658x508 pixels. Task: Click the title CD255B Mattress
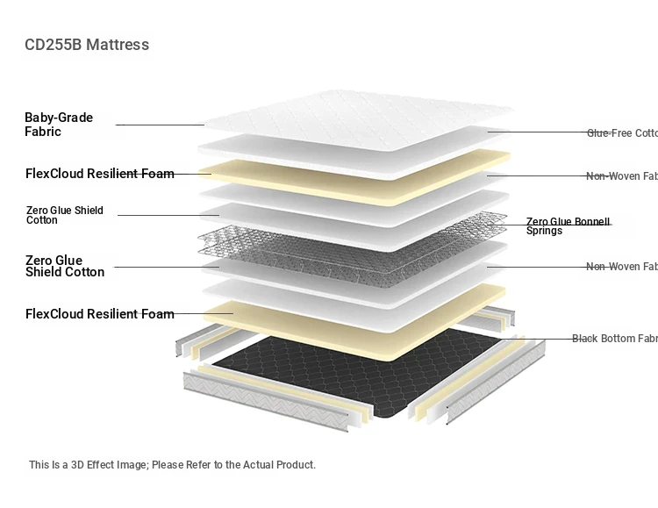pyautogui.click(x=87, y=45)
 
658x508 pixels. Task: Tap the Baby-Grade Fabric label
pyautogui.click(x=59, y=125)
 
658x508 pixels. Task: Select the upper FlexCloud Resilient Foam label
pyautogui.click(x=99, y=174)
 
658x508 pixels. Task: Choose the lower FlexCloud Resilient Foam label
pyautogui.click(x=99, y=314)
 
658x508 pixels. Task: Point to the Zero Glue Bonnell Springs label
pyautogui.click(x=568, y=226)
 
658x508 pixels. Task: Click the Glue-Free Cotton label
pyautogui.click(x=621, y=133)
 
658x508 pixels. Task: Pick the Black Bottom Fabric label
pyautogui.click(x=614, y=339)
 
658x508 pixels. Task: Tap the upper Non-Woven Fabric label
pyautogui.click(x=621, y=176)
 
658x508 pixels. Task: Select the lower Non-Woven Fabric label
pyautogui.click(x=621, y=267)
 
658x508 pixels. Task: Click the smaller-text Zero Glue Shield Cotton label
pyautogui.click(x=64, y=215)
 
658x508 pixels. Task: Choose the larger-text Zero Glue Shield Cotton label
pyautogui.click(x=64, y=266)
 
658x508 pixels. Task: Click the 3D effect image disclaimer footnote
pyautogui.click(x=172, y=465)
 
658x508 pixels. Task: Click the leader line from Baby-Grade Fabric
pyautogui.click(x=160, y=125)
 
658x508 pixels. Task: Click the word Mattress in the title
pyautogui.click(x=118, y=45)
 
